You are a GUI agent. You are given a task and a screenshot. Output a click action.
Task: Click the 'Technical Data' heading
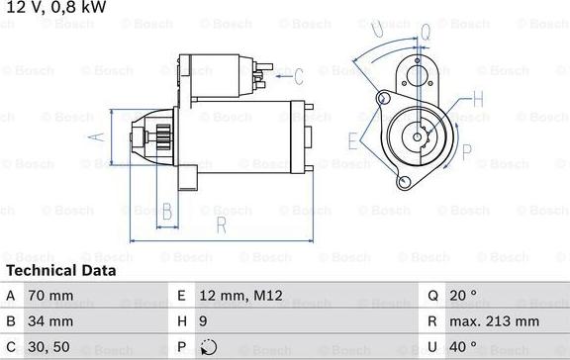61,270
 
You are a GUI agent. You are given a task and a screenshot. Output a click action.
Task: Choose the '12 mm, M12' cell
240,295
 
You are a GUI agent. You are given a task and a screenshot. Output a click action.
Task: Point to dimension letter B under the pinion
167,210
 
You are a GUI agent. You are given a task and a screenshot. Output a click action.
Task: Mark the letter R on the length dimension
222,225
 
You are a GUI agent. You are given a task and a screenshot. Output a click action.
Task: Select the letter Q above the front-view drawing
425,32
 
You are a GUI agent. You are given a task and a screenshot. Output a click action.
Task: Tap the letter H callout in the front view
478,98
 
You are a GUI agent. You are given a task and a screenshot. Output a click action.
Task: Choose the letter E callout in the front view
353,138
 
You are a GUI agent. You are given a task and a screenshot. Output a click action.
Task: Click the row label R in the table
433,320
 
